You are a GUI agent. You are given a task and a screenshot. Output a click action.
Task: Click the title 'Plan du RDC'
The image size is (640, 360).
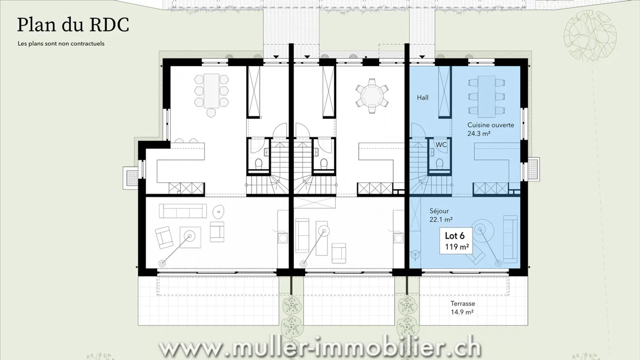coord(73,25)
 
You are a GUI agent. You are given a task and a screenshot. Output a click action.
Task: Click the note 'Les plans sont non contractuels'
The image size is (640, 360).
coord(61,44)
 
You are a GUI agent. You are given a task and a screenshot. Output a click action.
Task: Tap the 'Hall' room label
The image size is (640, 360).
coord(423,97)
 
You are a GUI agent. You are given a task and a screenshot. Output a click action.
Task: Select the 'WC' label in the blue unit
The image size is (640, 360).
coord(441,145)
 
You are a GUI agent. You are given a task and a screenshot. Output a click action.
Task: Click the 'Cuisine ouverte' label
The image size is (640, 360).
coord(491,125)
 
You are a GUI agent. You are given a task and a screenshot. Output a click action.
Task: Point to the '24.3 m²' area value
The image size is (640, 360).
coord(479,133)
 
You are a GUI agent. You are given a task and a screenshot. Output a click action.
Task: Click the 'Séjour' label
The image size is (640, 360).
coord(439,211)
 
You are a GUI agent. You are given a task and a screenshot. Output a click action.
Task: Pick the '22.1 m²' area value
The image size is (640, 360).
coord(441,220)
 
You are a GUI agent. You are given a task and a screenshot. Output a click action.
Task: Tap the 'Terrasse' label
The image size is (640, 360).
coord(463,304)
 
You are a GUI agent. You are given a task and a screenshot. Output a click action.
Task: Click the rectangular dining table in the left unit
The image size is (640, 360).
coord(211,91)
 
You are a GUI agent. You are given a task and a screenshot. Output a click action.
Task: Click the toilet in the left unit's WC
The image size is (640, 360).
coord(258,164)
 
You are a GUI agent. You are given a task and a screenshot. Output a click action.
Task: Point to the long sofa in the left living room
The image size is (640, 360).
coord(183,211)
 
